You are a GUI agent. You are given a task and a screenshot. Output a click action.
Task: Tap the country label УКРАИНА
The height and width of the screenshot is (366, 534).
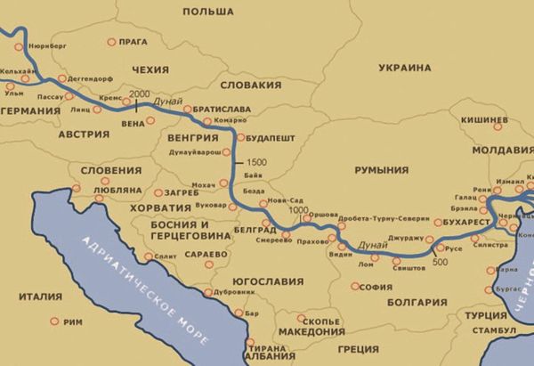404,68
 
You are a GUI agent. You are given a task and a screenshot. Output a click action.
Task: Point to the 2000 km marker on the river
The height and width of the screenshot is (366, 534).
140,94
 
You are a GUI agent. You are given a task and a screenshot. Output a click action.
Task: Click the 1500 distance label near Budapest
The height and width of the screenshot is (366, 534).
257,162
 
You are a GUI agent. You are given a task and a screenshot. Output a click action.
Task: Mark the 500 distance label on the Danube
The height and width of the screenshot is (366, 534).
440,262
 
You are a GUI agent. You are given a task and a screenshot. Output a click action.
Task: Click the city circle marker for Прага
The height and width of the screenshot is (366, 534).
112,42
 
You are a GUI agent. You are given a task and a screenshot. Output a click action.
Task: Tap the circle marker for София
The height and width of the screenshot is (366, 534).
355,287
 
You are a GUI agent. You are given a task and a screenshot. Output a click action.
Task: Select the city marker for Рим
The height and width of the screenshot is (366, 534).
53,321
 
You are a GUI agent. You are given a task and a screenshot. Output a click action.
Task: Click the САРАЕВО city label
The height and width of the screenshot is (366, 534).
207,254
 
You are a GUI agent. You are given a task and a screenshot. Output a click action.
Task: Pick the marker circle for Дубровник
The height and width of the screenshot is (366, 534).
208,292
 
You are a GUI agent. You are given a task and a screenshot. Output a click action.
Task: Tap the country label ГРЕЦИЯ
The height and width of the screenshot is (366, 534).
358,349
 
